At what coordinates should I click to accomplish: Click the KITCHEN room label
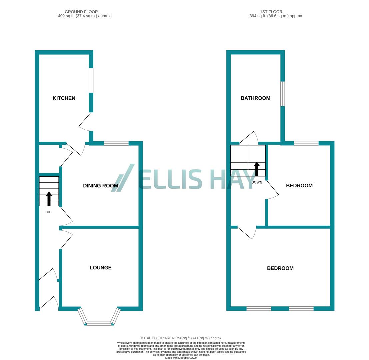[x=64, y=98]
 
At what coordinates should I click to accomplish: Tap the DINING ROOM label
[x=100, y=186]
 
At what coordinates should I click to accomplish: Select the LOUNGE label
[x=100, y=268]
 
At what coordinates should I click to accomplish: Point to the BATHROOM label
[x=255, y=98]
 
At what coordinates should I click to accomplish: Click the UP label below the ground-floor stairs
[x=49, y=212]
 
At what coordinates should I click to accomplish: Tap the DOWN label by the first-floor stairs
[x=257, y=182]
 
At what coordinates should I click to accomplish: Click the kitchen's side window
[x=91, y=80]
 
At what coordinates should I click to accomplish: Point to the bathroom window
[x=283, y=94]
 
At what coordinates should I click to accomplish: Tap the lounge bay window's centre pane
[x=99, y=323]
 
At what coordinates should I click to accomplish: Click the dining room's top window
[x=116, y=143]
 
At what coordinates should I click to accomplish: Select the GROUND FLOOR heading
[x=81, y=12]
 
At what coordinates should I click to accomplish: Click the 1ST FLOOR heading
[x=271, y=12]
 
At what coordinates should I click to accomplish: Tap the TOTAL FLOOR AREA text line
[x=181, y=338]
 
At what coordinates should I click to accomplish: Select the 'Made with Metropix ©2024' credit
[x=181, y=358]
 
